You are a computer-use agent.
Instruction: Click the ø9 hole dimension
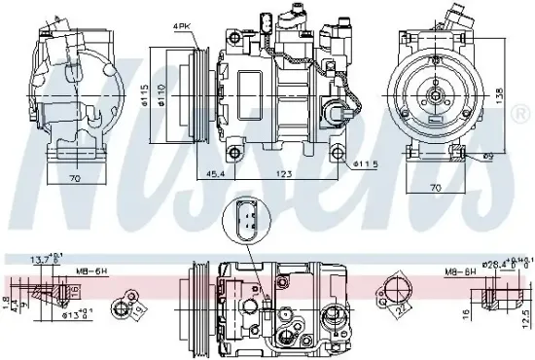(x=488, y=155)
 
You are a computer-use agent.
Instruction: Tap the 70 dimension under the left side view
(x=74, y=180)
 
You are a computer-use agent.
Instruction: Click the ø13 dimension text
(x=74, y=315)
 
